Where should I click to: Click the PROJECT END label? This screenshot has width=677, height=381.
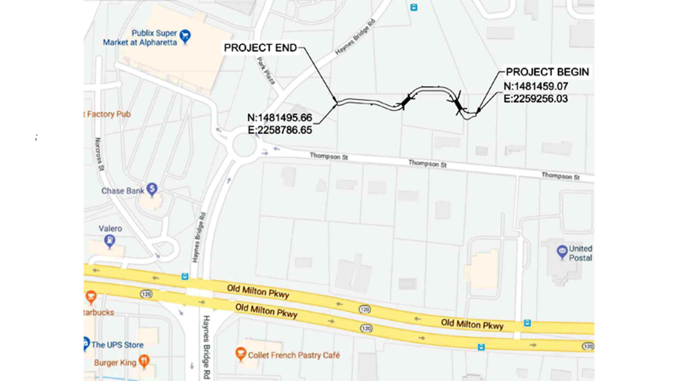[x=260, y=48]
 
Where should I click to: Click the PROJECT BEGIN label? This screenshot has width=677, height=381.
[x=547, y=72]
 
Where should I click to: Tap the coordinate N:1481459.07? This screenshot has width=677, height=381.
[x=536, y=86]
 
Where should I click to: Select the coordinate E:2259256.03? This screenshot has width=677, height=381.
[x=536, y=99]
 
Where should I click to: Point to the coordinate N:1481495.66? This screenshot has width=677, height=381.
[x=280, y=117]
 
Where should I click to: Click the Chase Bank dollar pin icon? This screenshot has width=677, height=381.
[x=152, y=189]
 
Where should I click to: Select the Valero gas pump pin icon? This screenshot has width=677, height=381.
[x=110, y=240]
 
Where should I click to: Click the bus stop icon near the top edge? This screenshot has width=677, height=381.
[x=414, y=7]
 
